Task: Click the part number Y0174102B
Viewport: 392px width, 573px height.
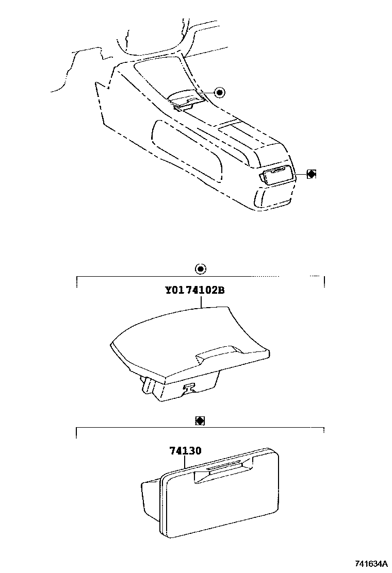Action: (x=194, y=290)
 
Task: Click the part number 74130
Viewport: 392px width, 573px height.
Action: (x=185, y=450)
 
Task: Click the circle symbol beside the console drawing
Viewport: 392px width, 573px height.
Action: (x=220, y=92)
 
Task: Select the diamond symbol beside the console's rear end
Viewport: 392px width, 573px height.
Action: (x=311, y=174)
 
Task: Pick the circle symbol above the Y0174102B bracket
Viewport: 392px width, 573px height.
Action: (x=201, y=268)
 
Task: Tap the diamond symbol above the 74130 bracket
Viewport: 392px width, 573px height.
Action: (x=200, y=420)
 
